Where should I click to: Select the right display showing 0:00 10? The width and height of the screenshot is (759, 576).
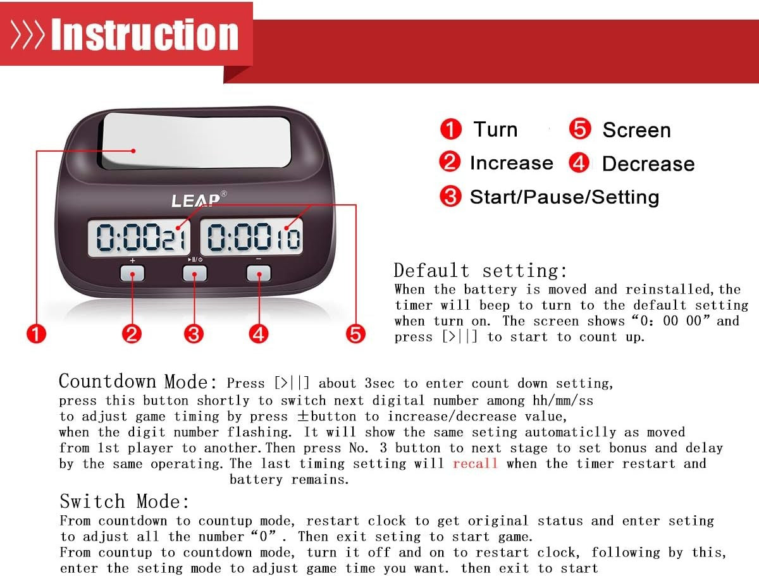tap(252, 238)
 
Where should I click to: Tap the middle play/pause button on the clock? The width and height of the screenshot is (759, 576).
tap(195, 273)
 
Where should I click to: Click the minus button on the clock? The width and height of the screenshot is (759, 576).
tap(258, 273)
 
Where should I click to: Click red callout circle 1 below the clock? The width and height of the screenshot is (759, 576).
tap(37, 333)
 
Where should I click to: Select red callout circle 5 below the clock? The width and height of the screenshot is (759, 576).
tap(355, 333)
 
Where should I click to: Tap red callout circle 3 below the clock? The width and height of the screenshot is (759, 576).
tap(195, 333)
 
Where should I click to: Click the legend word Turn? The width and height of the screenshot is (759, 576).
tap(495, 130)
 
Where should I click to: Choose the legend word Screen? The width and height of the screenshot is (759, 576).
tap(636, 130)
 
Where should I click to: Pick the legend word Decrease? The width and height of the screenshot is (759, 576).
tap(648, 164)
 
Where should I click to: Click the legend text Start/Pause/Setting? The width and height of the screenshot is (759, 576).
tap(564, 197)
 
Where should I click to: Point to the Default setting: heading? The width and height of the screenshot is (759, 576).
tap(481, 271)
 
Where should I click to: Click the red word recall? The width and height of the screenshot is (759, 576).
tap(475, 463)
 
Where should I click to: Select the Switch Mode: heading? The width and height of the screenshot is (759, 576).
tap(125, 502)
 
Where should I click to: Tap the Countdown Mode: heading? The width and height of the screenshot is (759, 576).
tap(139, 382)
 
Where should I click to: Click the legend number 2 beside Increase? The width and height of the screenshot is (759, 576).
tap(450, 162)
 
